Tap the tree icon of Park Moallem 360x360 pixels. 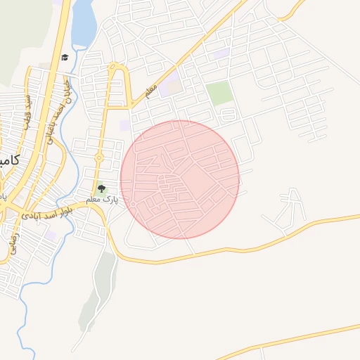tap(101, 188)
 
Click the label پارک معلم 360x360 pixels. tap(102, 200)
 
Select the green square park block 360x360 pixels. tap(219, 94)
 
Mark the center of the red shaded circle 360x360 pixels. tap(180, 180)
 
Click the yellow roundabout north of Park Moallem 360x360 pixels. tap(99, 157)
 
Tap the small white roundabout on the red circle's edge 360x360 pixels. tap(132, 205)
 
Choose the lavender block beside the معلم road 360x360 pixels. tap(169, 89)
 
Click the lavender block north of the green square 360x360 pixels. tap(220, 53)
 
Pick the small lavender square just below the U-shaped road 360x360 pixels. tap(124, 125)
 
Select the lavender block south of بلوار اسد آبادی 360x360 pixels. tap(50, 236)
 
